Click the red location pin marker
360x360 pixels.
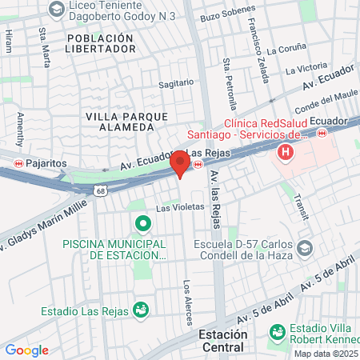[x=180, y=164]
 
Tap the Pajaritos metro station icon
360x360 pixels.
[x=18, y=163]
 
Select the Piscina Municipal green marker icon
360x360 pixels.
[x=142, y=223]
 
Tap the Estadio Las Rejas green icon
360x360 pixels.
[x=141, y=307]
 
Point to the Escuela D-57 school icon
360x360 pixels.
[x=303, y=249]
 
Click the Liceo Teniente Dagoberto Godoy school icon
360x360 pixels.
[x=56, y=9]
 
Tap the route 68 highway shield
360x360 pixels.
[x=99, y=191]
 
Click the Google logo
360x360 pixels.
[x=26, y=350]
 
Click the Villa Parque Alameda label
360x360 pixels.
[x=119, y=122]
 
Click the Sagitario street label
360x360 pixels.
[x=176, y=82]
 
